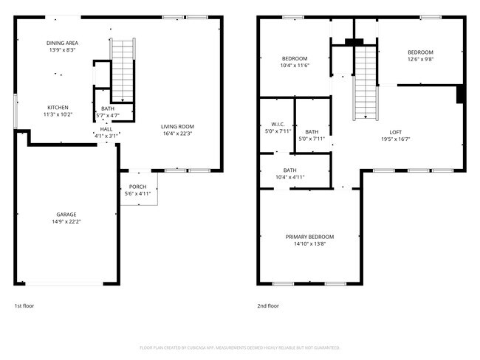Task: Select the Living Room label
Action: tap(177, 127)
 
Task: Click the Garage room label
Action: tap(66, 215)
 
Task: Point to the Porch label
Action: tap(137, 187)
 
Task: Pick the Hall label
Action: tap(106, 129)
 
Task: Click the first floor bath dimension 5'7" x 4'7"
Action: tap(109, 116)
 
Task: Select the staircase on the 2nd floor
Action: tap(365, 81)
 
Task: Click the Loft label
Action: tap(395, 132)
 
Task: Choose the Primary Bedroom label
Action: tap(309, 237)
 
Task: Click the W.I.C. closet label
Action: tap(278, 124)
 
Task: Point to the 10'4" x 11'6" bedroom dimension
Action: tap(295, 66)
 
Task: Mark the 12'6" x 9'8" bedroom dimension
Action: tap(420, 59)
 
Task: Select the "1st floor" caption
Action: tap(24, 305)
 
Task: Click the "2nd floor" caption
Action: tap(268, 305)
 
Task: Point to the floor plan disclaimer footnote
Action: tap(239, 347)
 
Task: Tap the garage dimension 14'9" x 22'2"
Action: tap(66, 221)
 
